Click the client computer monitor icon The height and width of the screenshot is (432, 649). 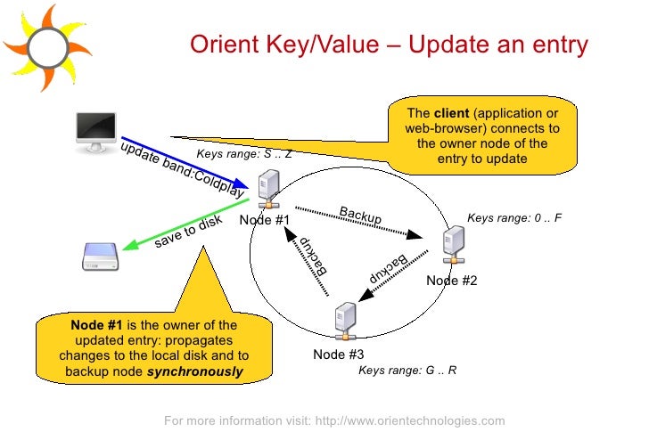pos(95,131)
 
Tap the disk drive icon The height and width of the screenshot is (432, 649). pos(98,257)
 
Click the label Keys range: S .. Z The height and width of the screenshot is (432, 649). pos(244,154)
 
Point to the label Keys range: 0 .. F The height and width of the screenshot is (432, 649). pos(514,217)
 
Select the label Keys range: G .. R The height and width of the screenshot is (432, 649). pos(407,370)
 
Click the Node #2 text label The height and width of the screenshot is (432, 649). pos(452,281)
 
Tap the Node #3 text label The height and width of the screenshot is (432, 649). pos(339,354)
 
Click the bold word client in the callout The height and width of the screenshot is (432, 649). pos(451,113)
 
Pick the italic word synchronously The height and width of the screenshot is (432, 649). pos(195,371)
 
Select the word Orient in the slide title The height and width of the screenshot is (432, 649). pos(218,45)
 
